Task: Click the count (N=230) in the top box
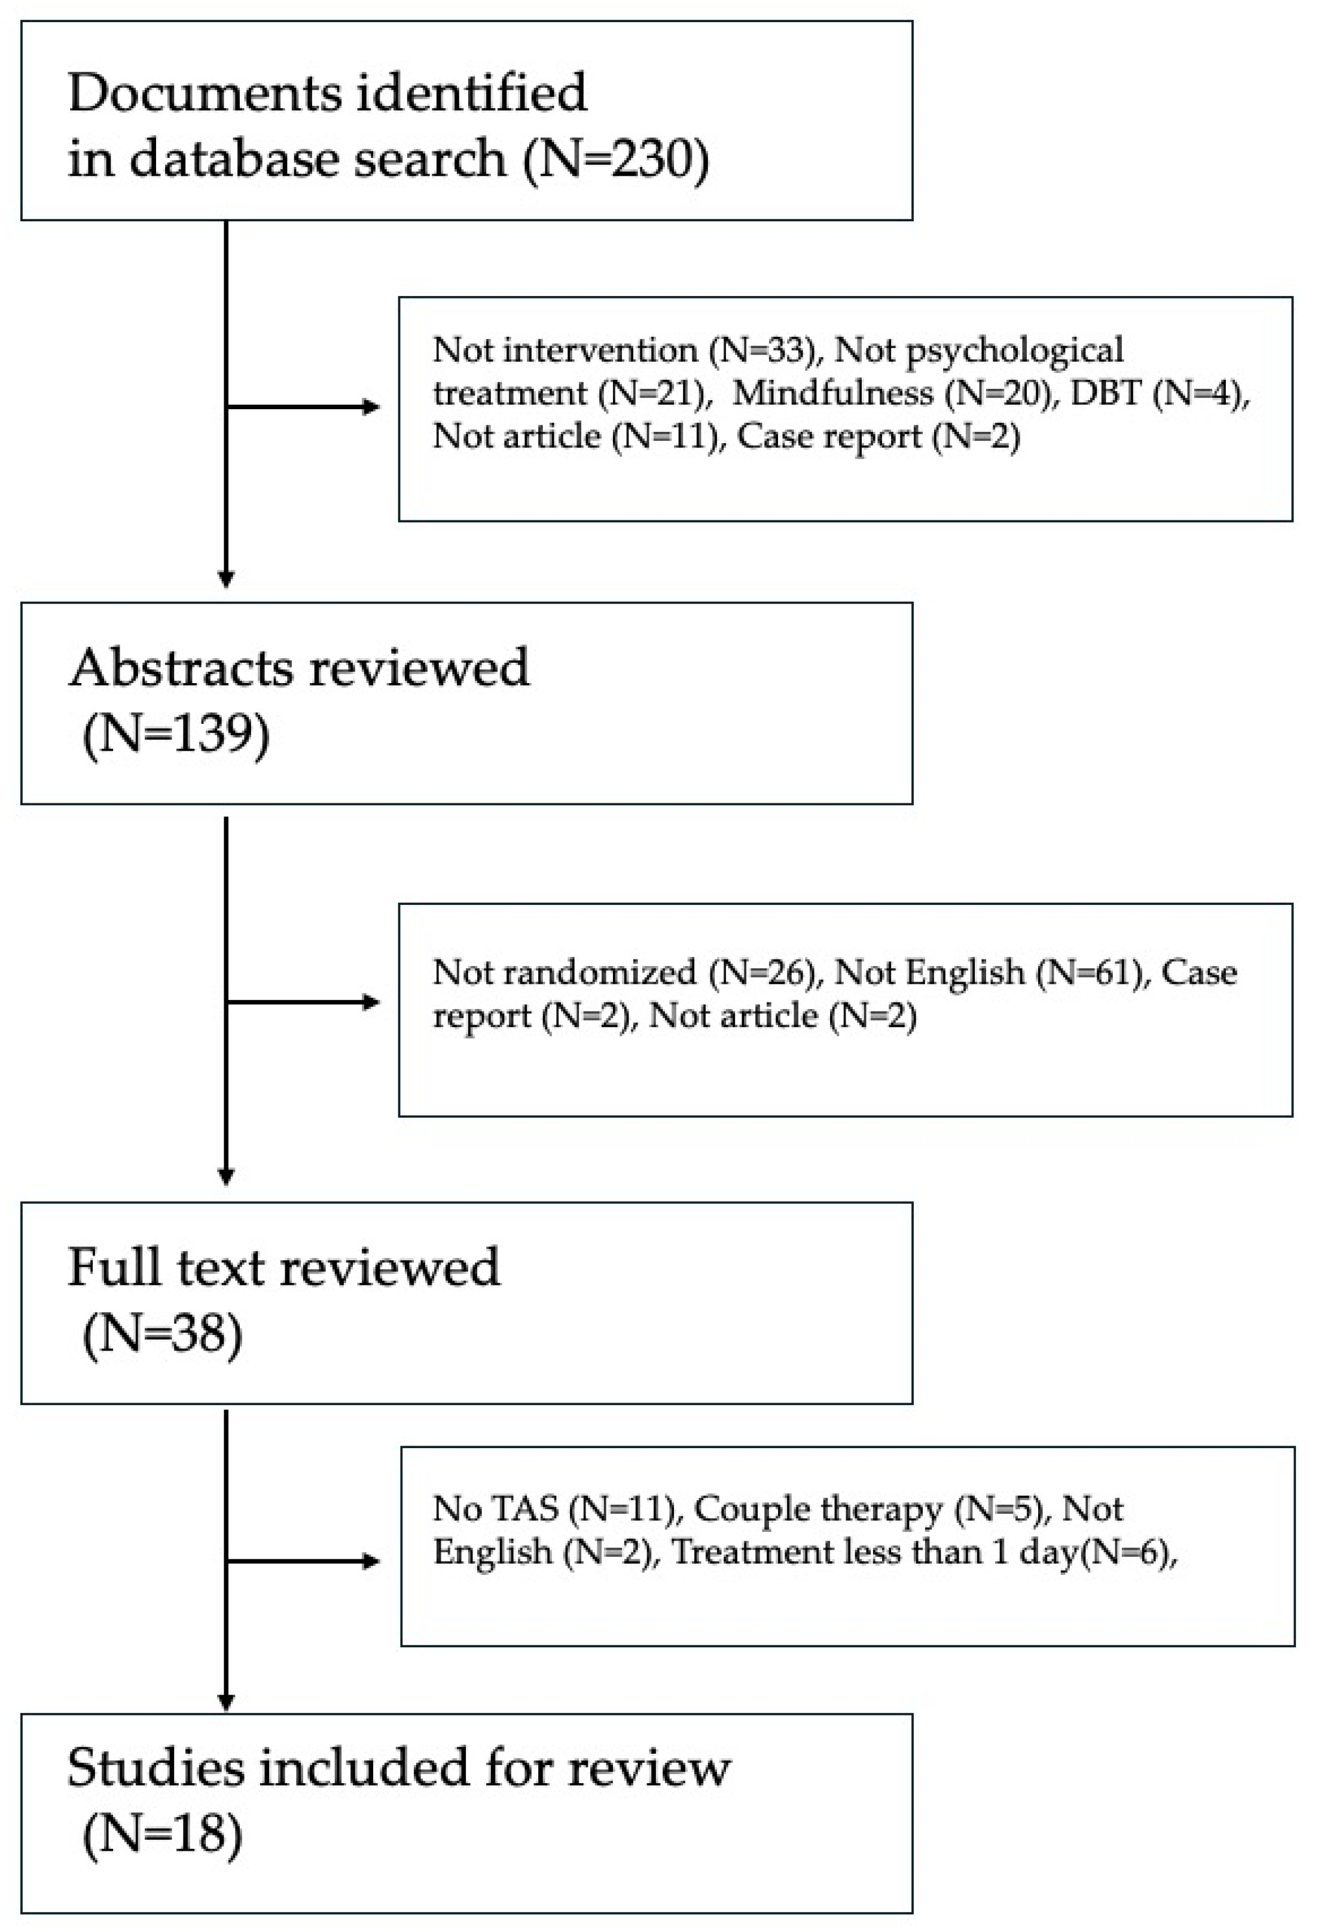click(616, 158)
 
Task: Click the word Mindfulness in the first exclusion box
click(832, 392)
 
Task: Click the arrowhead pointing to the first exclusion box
click(371, 407)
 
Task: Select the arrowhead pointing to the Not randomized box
click(371, 1002)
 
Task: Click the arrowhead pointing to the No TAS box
click(371, 1561)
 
